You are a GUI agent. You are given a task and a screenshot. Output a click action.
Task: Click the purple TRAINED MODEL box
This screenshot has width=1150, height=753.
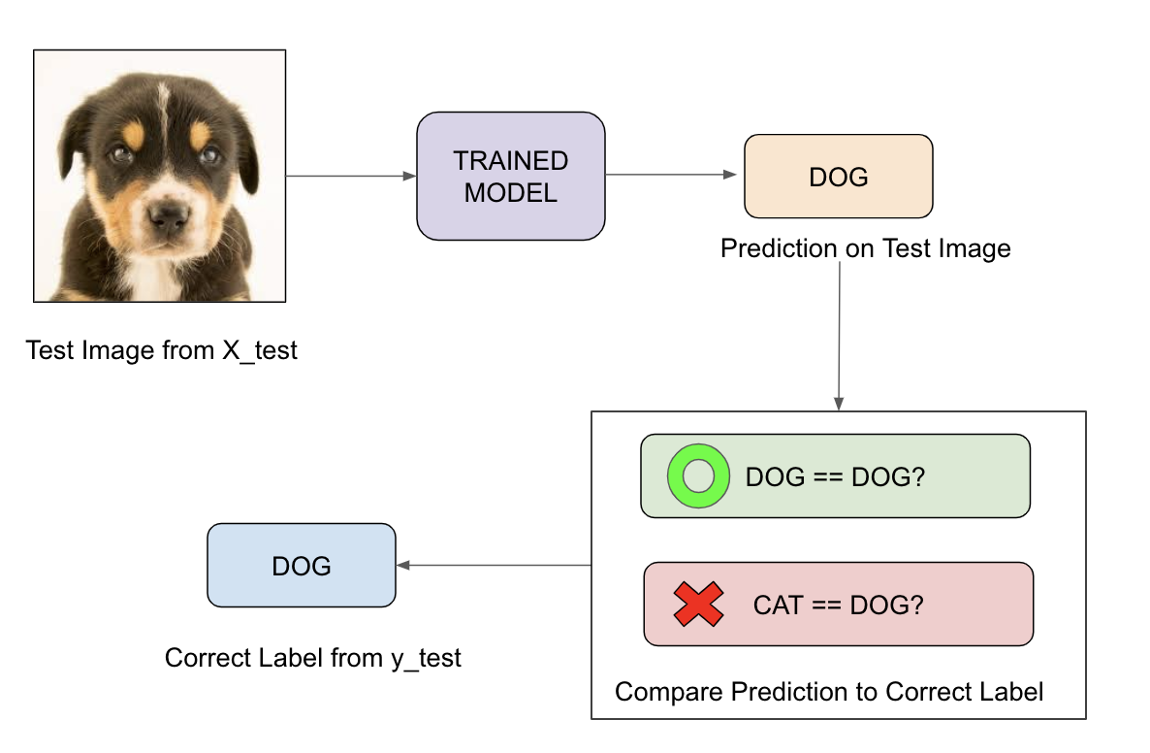510,177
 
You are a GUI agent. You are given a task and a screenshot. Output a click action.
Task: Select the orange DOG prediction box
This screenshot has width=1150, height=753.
839,177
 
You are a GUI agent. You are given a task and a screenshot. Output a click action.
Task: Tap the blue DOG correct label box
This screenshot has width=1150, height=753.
302,565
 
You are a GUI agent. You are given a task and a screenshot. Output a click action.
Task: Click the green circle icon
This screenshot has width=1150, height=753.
698,476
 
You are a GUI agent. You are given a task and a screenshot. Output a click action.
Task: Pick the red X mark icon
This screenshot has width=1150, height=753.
698,604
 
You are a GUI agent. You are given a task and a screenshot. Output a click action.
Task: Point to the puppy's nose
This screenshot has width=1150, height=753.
168,216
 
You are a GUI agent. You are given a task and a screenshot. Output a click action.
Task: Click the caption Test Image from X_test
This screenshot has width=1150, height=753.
161,351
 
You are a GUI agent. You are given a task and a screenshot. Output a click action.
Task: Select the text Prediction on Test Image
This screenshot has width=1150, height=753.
866,248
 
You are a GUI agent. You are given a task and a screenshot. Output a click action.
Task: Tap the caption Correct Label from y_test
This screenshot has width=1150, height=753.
313,658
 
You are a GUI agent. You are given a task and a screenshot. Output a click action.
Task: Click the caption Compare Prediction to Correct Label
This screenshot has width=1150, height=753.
829,691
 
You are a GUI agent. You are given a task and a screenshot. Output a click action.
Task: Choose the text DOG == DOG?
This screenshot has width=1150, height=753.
836,477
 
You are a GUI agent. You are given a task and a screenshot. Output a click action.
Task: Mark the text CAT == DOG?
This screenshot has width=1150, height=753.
839,605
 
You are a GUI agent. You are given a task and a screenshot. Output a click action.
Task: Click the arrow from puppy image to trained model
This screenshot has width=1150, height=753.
351,177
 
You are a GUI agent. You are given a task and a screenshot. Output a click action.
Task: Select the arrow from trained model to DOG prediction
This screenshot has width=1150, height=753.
671,175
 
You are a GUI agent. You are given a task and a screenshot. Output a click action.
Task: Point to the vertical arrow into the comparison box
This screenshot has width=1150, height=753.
839,336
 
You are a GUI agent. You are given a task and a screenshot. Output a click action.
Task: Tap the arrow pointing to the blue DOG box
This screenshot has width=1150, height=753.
494,565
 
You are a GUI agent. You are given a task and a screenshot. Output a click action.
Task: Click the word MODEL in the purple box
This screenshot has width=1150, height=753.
510,193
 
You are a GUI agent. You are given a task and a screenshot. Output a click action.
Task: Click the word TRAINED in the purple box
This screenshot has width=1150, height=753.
510,161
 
